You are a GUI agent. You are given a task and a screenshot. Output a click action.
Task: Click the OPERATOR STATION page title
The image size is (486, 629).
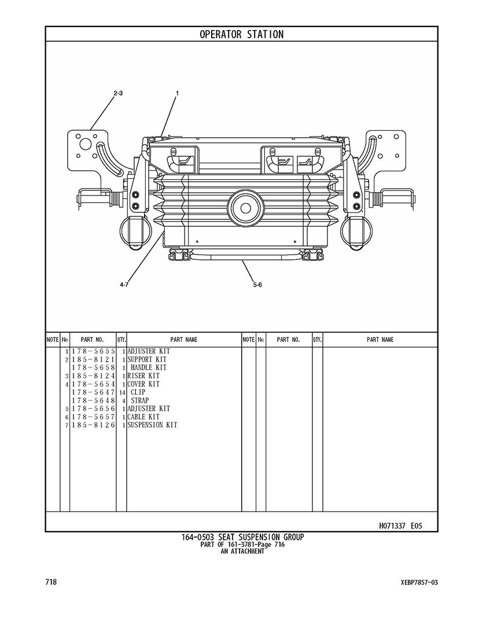point(241,35)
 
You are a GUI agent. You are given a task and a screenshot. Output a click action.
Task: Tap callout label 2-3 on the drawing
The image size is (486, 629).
point(118,93)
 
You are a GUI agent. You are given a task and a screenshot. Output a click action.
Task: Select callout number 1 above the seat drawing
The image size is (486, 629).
point(177,93)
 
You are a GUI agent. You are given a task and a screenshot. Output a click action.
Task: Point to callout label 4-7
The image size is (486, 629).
point(124,285)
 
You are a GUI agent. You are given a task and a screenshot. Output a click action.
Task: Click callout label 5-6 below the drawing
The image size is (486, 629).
point(257,285)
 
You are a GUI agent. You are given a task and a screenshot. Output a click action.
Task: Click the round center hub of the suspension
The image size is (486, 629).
point(244,208)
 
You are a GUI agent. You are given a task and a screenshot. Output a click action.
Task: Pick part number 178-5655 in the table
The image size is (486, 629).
point(93,351)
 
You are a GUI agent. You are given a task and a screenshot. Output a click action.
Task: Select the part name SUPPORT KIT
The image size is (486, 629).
point(147,359)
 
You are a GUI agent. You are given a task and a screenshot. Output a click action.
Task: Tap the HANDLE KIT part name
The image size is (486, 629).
point(148,367)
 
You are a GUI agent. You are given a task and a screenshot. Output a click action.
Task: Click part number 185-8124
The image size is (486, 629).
point(93,376)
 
